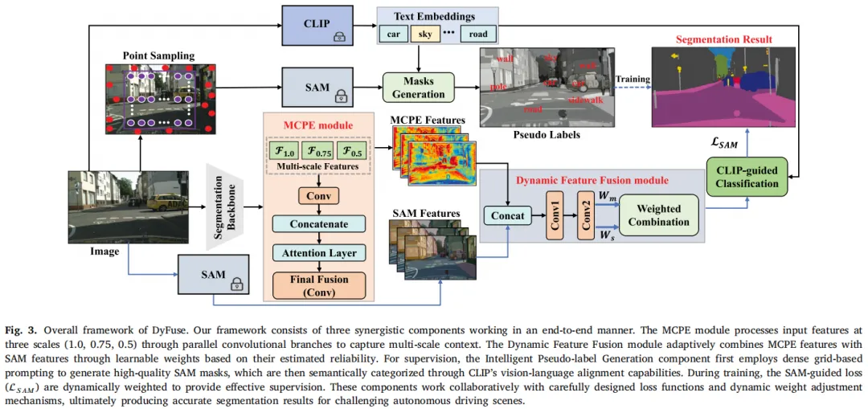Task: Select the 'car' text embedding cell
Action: click(394, 35)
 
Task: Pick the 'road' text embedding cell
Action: click(478, 35)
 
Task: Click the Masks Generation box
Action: click(418, 88)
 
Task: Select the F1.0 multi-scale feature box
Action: click(285, 149)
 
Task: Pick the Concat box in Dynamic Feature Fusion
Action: click(507, 215)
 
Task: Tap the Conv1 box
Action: click(555, 215)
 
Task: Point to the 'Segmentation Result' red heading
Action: click(723, 39)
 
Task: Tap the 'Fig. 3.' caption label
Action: click(24, 330)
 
